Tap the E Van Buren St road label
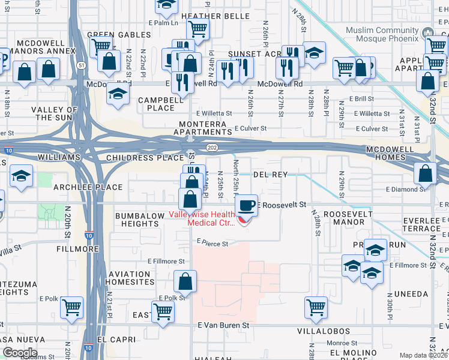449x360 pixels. [223, 325]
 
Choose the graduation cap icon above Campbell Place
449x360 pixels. [118, 94]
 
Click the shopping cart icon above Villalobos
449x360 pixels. [316, 307]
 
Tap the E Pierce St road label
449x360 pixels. [212, 244]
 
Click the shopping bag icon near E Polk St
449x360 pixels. [185, 281]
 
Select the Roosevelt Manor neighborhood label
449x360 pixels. [343, 218]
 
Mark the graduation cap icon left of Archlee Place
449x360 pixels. [22, 176]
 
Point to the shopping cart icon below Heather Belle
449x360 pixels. [197, 28]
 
